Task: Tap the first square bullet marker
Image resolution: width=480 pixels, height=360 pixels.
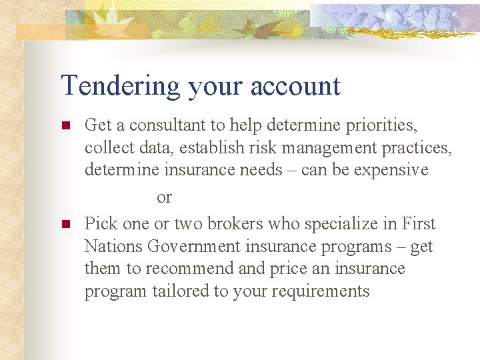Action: (65, 125)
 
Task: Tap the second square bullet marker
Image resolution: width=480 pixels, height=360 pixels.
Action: (65, 224)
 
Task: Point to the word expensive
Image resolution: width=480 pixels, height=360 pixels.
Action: (391, 170)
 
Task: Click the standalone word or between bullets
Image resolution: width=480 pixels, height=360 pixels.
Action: (164, 197)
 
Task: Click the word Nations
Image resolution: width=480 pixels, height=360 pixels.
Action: (113, 247)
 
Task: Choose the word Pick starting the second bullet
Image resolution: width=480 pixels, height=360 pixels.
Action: (100, 224)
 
